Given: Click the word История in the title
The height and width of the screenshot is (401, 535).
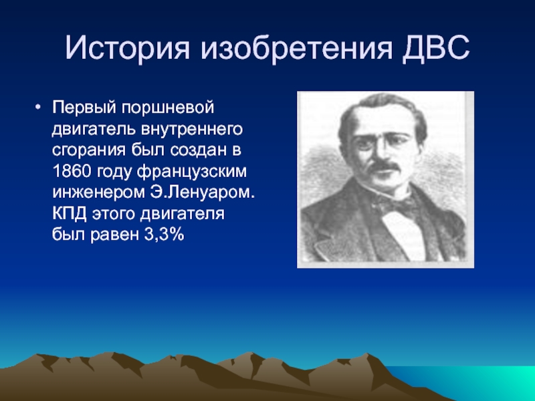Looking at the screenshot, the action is click(127, 47).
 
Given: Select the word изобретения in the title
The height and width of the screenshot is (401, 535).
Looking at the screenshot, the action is click(296, 48).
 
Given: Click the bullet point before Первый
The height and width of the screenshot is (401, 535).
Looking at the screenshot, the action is click(37, 107).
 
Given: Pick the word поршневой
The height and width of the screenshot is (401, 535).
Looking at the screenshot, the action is click(168, 108).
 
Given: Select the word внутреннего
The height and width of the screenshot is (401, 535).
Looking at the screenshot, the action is click(191, 130).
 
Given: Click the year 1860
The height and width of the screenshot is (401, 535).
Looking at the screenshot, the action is click(72, 171).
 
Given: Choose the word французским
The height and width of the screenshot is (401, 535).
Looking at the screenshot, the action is click(192, 172).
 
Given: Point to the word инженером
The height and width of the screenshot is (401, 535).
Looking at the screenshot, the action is click(98, 193).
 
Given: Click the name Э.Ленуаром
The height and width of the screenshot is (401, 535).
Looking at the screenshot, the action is click(203, 192).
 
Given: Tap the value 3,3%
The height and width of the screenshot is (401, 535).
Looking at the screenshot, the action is click(164, 235).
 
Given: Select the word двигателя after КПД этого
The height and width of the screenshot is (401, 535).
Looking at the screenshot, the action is click(182, 215).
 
